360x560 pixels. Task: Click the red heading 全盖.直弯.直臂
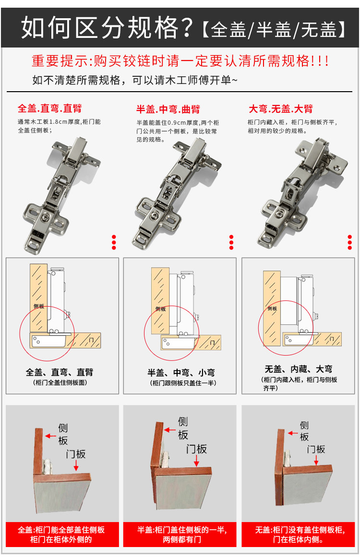pos(49,108)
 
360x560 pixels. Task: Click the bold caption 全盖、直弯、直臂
pos(60,372)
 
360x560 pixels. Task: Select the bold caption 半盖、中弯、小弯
pos(180,372)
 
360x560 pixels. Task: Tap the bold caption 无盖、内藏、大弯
pos(298,369)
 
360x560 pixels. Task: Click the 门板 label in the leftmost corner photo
pos(76,453)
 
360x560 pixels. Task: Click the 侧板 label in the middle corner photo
pos(183,428)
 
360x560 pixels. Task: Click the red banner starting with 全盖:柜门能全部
pos(61,535)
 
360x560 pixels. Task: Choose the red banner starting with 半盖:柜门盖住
pos(181,535)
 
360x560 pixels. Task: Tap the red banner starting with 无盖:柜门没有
pos(299,535)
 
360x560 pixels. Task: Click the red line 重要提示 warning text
pos(180,61)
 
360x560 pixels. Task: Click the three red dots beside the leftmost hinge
pos(114,242)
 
